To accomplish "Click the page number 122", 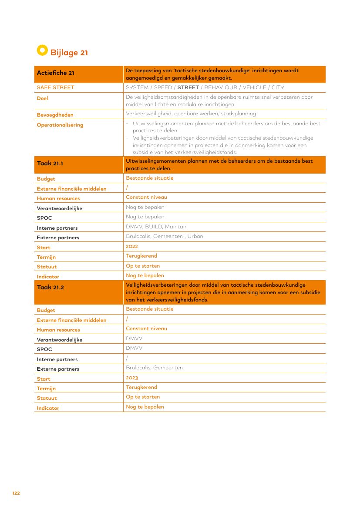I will [16, 493].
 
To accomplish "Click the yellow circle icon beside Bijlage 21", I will [42, 50].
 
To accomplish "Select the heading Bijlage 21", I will [69, 53].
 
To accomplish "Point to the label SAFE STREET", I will [55, 87].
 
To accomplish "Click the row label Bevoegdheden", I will [55, 115].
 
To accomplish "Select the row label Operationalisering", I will [60, 125].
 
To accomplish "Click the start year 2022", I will [132, 246].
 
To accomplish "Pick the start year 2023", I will [132, 378].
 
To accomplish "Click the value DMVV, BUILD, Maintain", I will [157, 227].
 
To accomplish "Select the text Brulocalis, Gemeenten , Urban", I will [164, 236].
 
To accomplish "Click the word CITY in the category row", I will [278, 87].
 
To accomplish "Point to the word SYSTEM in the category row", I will [137, 87].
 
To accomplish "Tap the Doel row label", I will [43, 98].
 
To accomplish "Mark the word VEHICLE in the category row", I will [254, 87].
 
